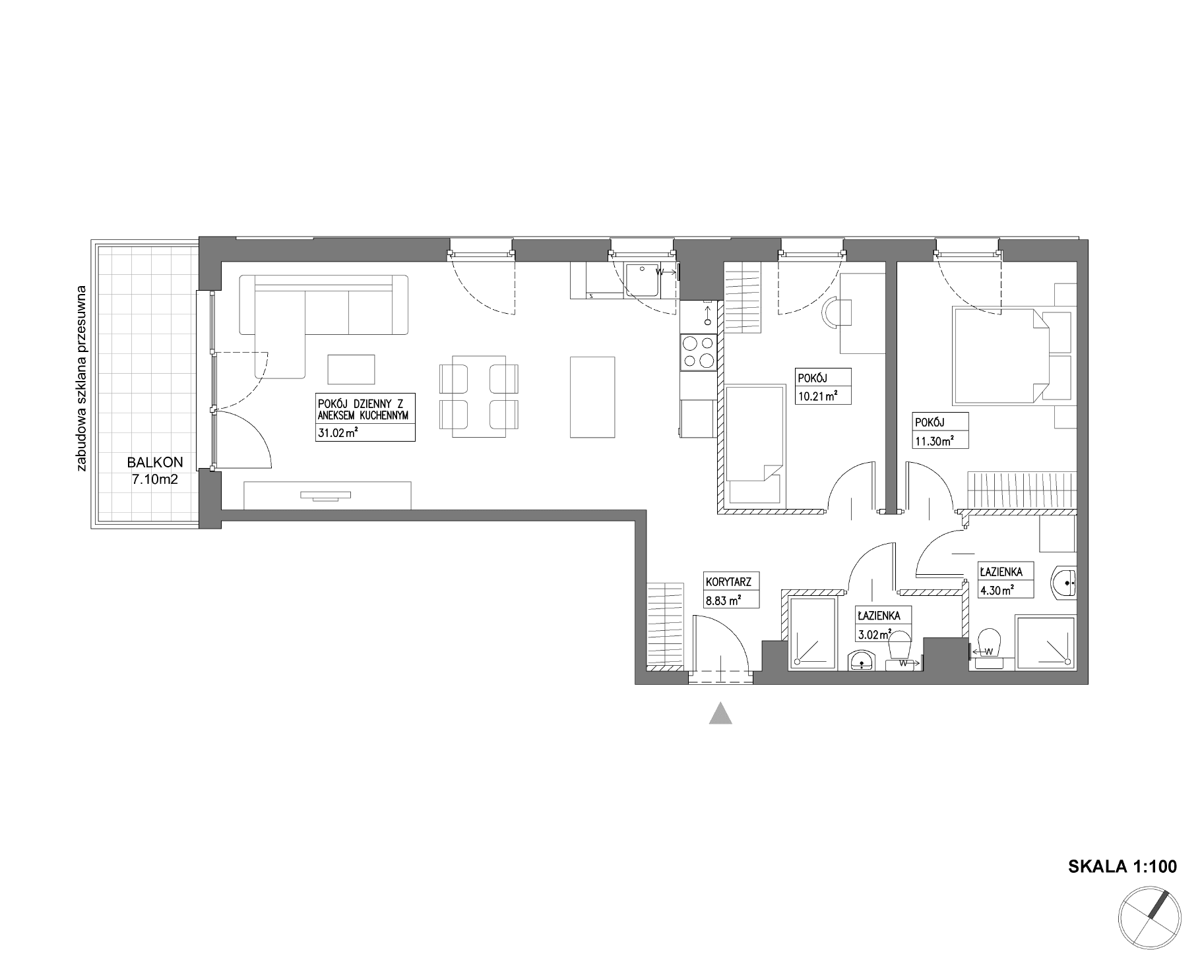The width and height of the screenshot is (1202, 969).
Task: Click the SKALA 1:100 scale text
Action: (1122, 866)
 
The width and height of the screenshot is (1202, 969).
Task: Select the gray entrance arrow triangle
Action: (720, 713)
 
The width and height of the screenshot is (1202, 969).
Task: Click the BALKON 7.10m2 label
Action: (155, 471)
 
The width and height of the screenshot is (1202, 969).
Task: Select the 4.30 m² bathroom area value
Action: (997, 591)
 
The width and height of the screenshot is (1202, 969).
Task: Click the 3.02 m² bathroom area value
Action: (875, 635)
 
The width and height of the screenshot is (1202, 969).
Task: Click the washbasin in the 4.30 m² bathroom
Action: (1063, 582)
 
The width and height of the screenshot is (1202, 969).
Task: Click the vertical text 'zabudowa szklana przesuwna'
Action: (82, 378)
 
